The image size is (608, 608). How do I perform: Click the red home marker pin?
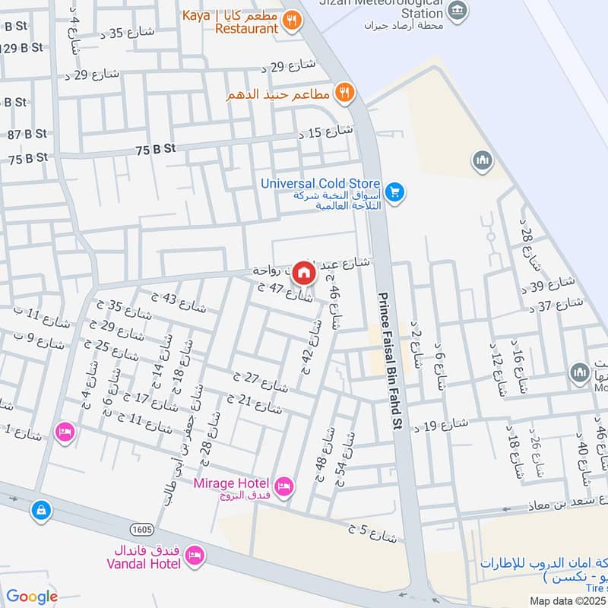pos(304,272)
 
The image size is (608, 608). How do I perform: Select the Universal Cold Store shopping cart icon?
pos(394,192)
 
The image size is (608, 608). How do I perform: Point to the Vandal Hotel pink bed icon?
pos(195,556)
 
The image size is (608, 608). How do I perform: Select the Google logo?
pos(32,597)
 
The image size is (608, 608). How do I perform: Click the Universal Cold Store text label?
pos(320,183)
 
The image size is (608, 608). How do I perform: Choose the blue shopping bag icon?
pos(41,511)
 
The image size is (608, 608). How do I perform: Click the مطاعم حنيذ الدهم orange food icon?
pos(345,93)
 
